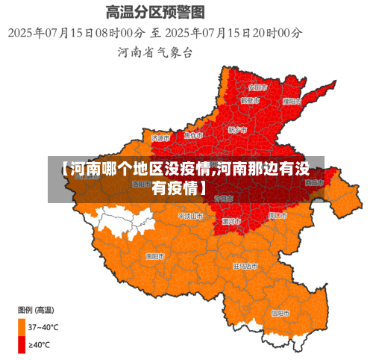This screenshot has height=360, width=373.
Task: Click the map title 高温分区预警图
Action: (155, 12)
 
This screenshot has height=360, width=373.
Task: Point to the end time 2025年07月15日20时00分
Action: (235, 33)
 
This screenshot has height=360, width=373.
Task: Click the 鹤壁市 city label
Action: (250, 100)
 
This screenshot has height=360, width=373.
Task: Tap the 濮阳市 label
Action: (292, 101)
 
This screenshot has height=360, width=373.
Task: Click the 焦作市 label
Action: (193, 136)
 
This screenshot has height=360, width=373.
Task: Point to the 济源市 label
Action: (160, 138)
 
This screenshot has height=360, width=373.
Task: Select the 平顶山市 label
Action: (190, 216)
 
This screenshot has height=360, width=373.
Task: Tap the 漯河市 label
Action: (231, 222)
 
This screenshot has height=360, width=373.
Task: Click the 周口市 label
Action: (277, 215)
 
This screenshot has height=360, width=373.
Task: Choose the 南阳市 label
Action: (155, 256)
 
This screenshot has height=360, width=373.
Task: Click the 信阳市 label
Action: (280, 313)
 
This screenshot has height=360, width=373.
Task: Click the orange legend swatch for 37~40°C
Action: (22, 326)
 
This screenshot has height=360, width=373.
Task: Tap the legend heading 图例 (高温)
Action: (35, 309)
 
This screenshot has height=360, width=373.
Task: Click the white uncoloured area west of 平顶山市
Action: (127, 220)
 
